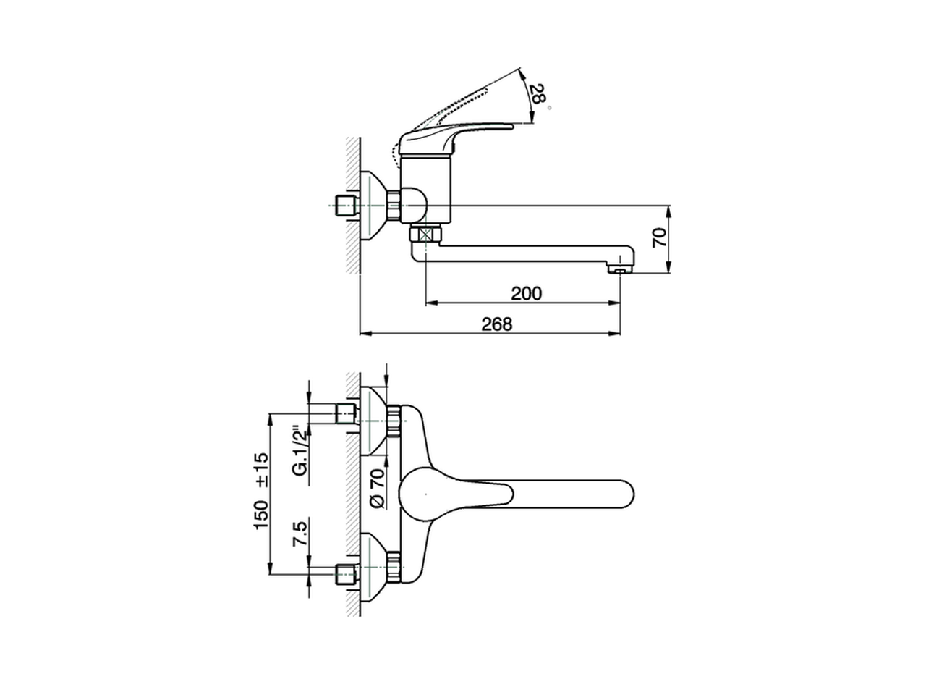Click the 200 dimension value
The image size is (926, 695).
(526, 293)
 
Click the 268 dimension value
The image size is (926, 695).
(496, 324)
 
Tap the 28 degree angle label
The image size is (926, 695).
(536, 93)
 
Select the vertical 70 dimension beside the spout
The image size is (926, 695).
(658, 237)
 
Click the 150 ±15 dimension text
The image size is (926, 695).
(261, 490)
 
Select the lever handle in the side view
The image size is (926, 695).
(456, 134)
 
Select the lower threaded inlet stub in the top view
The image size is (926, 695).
(346, 576)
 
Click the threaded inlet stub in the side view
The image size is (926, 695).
(346, 206)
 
